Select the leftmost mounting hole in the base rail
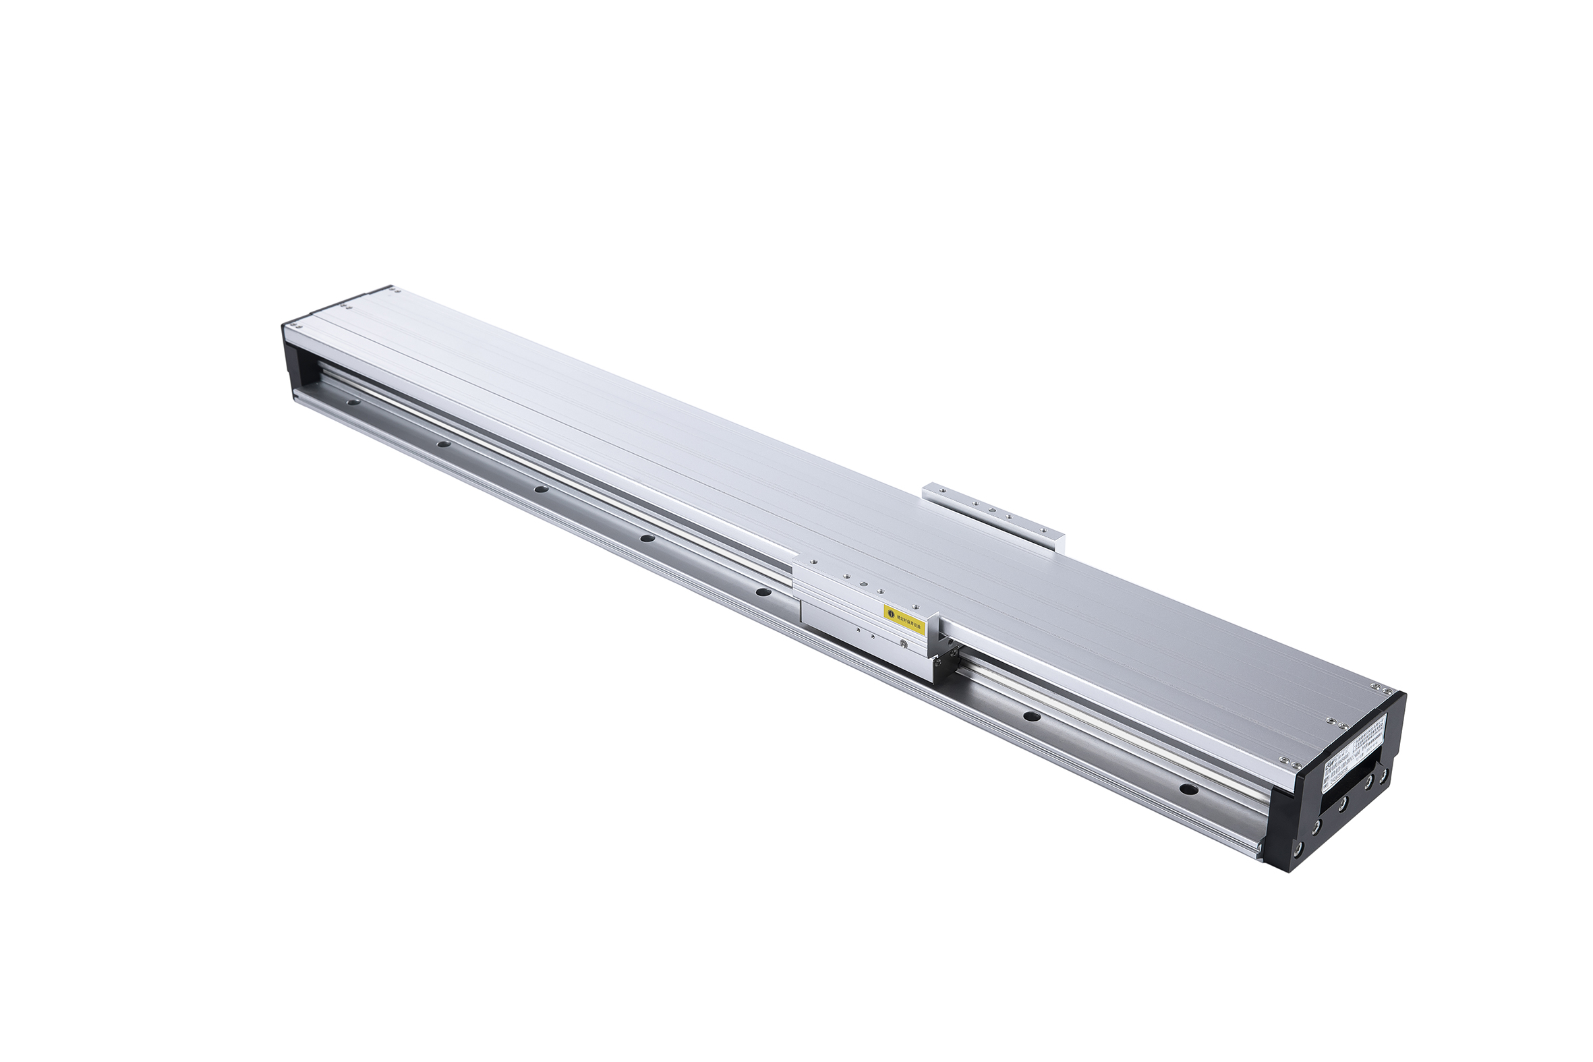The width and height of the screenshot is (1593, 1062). pyautogui.click(x=351, y=402)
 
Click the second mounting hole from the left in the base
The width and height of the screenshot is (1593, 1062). pyautogui.click(x=444, y=444)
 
